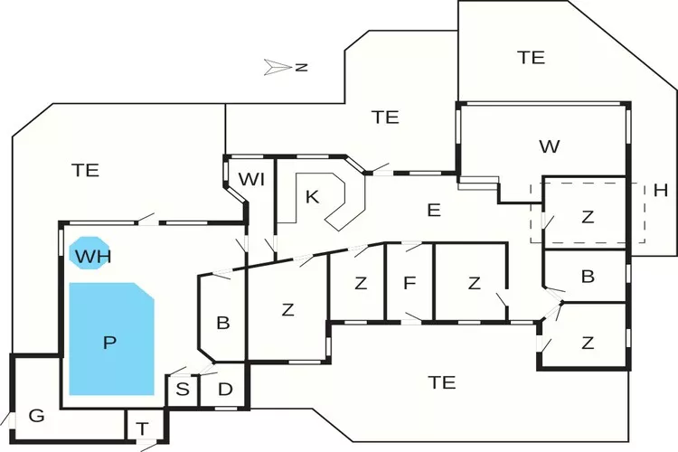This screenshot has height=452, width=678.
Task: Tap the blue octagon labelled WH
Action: tap(87, 255)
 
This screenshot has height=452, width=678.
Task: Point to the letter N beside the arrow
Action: tap(302, 68)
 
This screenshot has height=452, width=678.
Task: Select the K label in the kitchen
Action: tap(312, 196)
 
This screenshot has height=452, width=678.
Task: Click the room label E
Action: tap(434, 211)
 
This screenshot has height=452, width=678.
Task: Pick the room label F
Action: tap(410, 284)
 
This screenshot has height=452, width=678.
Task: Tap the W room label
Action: tap(549, 146)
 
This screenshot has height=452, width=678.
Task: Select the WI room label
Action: tap(251, 179)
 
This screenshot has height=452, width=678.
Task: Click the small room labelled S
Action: tap(183, 391)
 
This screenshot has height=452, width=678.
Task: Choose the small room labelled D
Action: tap(225, 391)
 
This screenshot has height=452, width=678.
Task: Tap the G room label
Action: tap(36, 417)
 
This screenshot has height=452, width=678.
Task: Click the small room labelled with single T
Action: tap(142, 428)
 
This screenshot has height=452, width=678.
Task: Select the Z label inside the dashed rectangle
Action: tap(588, 217)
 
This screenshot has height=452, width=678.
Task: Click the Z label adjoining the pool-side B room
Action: tap(287, 310)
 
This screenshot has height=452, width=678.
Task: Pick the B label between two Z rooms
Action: tap(588, 277)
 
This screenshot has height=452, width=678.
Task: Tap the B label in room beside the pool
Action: tap(223, 322)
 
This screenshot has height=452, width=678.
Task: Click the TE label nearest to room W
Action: tap(532, 57)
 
